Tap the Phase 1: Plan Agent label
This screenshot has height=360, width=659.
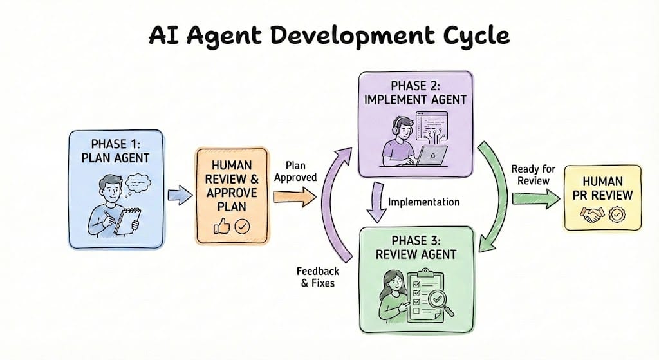coord(116,149)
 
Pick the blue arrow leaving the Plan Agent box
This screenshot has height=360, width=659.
coord(180,194)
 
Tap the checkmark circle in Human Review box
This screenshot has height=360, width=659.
coord(242,226)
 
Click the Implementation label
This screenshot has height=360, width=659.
coord(423,202)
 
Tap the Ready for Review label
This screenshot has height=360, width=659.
coord(534,175)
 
